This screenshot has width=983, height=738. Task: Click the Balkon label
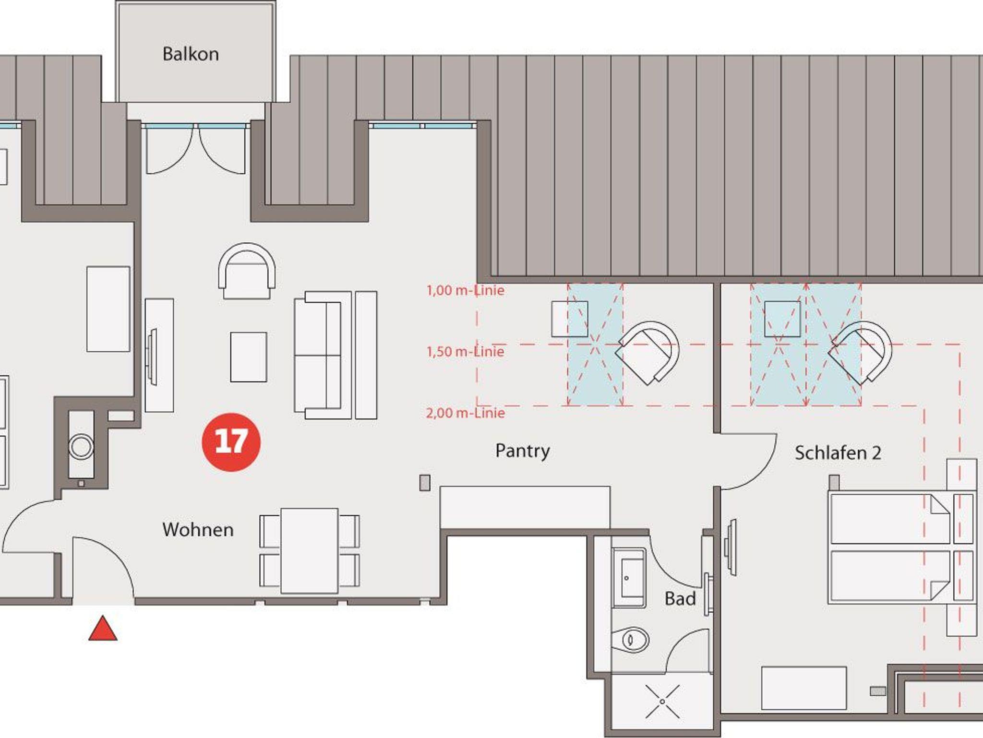[x=191, y=54]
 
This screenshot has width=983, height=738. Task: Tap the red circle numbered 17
[x=231, y=442]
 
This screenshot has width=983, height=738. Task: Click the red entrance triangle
[x=103, y=629]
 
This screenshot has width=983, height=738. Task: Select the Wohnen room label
[x=198, y=530]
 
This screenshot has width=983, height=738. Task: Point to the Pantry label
[x=523, y=451]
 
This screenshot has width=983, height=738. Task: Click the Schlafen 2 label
[x=838, y=453]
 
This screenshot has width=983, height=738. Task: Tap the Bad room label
[x=680, y=599]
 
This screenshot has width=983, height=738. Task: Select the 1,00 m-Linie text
[x=466, y=290]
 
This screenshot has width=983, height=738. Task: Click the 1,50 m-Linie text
[x=466, y=352]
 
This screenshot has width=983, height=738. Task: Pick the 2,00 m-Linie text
[x=466, y=413]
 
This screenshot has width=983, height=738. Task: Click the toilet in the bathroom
[x=630, y=640]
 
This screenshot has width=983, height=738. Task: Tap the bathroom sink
[x=628, y=579]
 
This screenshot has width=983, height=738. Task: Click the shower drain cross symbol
[x=662, y=702]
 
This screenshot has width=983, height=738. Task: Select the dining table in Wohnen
[x=310, y=551]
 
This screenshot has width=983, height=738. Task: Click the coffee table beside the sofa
[x=249, y=357]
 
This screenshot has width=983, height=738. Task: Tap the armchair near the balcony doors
[x=247, y=271]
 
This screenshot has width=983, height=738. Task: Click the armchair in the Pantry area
[x=647, y=353]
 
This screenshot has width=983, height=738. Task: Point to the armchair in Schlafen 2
[x=860, y=353]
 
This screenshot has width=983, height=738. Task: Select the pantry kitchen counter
[x=525, y=507]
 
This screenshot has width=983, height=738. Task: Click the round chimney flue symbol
[x=81, y=447]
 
